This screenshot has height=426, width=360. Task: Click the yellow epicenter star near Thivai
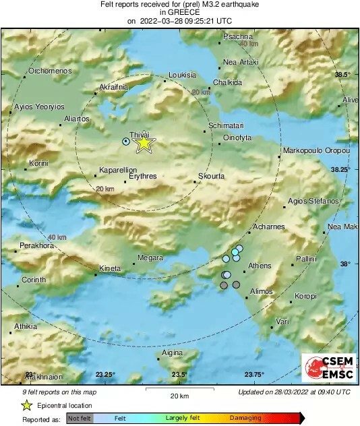(143, 143)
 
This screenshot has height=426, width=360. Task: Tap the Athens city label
(260, 266)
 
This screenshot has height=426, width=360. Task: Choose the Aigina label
(173, 353)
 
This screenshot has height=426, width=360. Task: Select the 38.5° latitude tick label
(343, 74)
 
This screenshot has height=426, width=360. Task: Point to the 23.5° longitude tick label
(178, 375)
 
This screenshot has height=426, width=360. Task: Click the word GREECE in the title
(179, 11)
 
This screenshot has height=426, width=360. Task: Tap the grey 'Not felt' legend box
(79, 418)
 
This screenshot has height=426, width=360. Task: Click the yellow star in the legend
(26, 405)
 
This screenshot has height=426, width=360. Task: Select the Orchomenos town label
(50, 71)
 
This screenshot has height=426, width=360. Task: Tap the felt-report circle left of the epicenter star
(125, 142)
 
